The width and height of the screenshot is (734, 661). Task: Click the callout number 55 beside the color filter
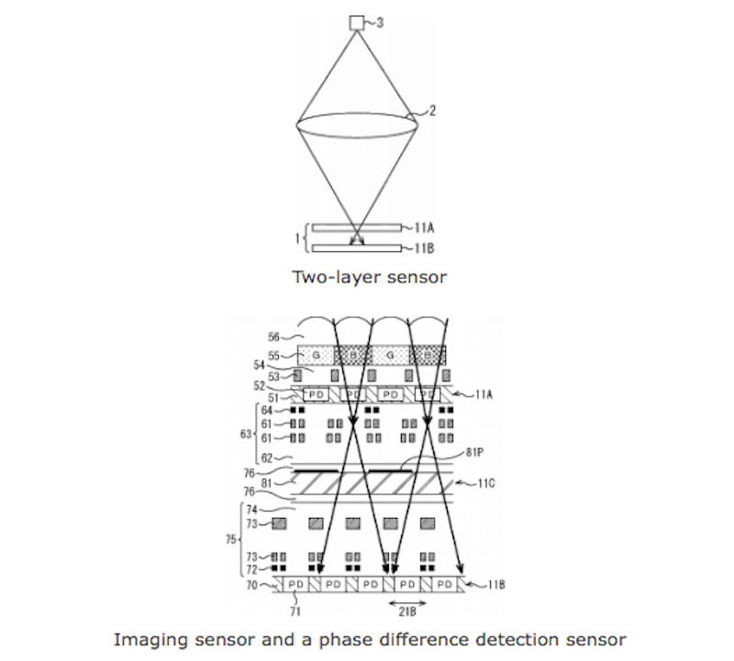273,353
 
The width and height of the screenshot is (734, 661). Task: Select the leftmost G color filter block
314,354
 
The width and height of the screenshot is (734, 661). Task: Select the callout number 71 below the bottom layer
293,602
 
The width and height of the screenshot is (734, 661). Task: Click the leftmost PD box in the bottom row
295,583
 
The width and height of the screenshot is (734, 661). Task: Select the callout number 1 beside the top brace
295,237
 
